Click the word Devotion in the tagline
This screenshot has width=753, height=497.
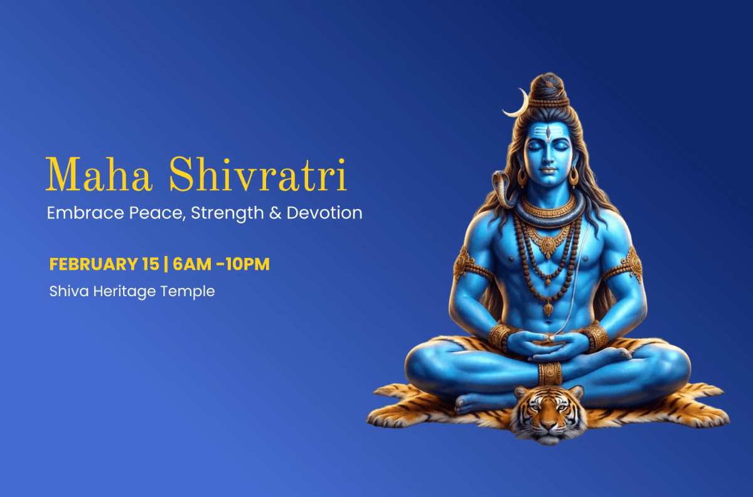324,213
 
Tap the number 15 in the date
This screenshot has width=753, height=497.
150,264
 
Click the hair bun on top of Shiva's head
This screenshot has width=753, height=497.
547,87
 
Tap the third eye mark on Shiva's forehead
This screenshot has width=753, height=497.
548,132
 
